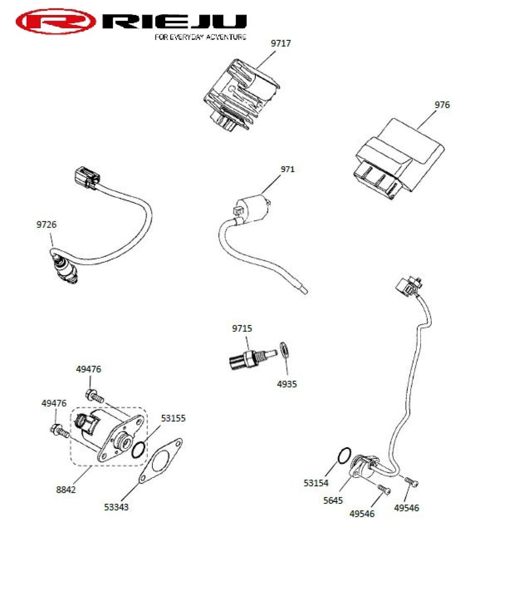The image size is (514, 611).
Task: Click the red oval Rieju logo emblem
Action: point(56,21)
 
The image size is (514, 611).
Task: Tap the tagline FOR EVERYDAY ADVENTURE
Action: point(200,37)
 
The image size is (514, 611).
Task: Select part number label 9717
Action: point(281,43)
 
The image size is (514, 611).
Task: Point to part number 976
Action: point(442,105)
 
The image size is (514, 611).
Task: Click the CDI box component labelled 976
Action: point(398,161)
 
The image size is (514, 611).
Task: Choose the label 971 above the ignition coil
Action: point(287,169)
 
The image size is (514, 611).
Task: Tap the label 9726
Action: point(46,225)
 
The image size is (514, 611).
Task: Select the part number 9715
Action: point(242,328)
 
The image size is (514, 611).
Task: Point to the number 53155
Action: point(173,418)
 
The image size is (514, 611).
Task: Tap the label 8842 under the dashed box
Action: point(66,490)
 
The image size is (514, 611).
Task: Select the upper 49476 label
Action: point(89,369)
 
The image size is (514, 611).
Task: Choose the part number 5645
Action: point(333,500)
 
